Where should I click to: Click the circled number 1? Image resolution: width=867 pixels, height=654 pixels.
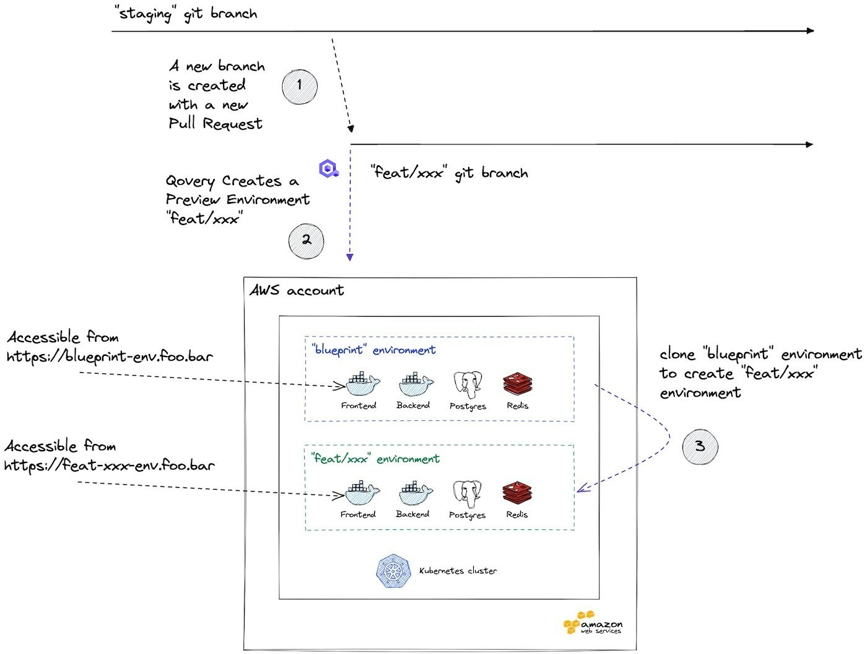click(300, 86)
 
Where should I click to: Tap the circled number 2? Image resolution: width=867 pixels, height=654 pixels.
click(307, 241)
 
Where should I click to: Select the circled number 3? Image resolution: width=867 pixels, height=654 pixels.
click(700, 446)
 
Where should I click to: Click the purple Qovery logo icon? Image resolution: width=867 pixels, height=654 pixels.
click(329, 168)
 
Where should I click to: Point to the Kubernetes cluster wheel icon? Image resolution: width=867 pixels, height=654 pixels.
click(393, 571)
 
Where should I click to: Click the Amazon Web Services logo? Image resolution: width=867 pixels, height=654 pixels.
click(593, 624)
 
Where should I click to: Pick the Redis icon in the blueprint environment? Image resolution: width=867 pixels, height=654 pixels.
click(517, 384)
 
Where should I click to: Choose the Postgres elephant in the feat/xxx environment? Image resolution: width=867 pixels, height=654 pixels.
click(468, 493)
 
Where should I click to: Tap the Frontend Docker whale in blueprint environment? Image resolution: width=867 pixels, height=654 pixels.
click(362, 385)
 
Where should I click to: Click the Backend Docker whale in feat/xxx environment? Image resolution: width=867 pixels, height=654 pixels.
click(414, 493)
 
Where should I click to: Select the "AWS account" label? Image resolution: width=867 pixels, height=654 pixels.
click(297, 290)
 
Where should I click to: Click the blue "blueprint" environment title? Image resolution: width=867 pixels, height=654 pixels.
click(373, 350)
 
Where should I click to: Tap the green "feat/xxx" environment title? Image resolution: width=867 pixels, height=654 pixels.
click(375, 459)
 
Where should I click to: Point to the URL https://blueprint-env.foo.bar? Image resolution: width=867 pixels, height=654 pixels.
click(110, 356)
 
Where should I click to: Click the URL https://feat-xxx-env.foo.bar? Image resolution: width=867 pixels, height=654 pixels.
click(110, 465)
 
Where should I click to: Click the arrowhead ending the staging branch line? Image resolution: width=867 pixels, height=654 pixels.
click(809, 30)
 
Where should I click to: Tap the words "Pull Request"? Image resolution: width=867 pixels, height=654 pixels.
click(216, 124)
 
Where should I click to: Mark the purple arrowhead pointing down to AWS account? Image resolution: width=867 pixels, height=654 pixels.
click(350, 257)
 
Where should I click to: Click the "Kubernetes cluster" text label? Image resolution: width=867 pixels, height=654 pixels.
click(458, 571)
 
